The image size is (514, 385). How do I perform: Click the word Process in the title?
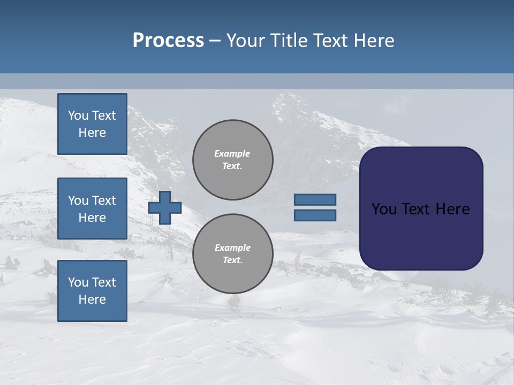point(168,41)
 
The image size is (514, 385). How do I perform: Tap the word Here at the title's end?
point(374,41)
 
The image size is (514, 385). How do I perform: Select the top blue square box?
point(92,124)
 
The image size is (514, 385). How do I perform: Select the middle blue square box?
point(92,209)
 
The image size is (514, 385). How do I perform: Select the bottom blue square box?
point(92,291)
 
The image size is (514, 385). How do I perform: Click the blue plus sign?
point(165,207)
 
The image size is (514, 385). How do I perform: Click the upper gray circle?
point(232,160)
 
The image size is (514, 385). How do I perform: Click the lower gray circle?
point(232,254)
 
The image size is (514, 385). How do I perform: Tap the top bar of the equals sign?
point(315,199)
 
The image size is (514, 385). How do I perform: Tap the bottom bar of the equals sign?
point(315,215)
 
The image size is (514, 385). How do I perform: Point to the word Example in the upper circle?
point(232,153)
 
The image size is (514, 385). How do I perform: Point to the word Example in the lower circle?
point(232,248)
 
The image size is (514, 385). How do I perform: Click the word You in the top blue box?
point(78,115)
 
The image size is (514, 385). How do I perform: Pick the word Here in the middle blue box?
point(92,218)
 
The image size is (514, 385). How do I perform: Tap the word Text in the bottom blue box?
point(104,282)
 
